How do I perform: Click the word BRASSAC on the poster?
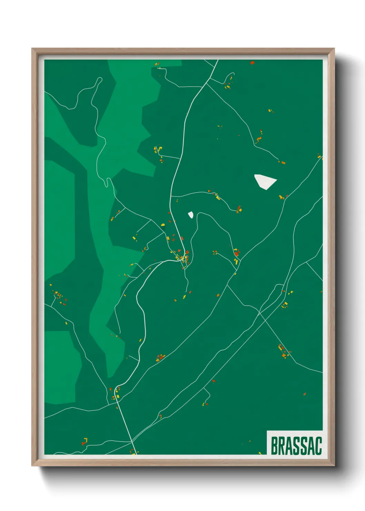click(296, 446)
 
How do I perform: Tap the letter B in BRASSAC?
click(275, 446)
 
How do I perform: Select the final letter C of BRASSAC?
click(318, 446)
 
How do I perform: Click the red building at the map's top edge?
click(252, 63)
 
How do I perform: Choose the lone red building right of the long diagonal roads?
click(305, 394)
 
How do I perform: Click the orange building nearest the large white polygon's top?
click(282, 162)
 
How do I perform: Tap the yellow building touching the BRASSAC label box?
click(260, 453)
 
